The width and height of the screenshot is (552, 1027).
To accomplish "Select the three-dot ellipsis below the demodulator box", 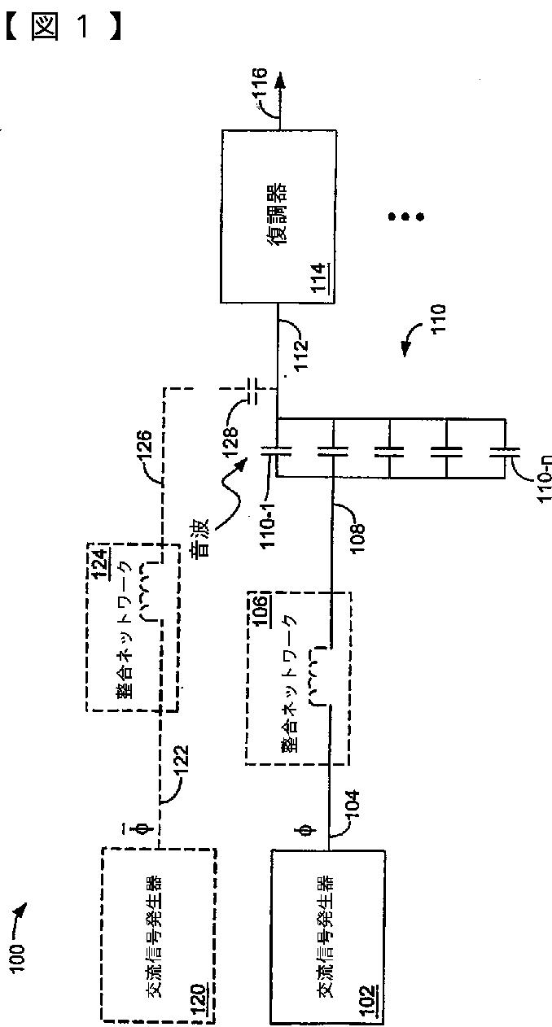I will click(405, 216).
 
